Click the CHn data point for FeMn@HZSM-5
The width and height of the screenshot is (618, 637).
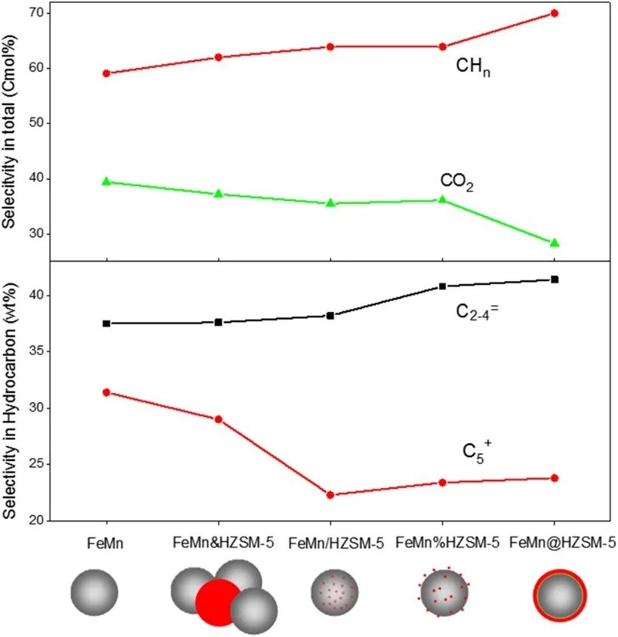(x=555, y=13)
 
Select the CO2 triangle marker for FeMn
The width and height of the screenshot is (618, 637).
(x=107, y=181)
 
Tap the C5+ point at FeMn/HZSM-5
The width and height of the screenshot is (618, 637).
(x=330, y=495)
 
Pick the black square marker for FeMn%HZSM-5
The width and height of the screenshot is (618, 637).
(x=443, y=286)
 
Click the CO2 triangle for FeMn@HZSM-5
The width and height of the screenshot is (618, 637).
(x=555, y=243)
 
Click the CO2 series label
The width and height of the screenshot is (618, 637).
(x=456, y=182)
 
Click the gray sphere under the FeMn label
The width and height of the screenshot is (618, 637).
(x=94, y=593)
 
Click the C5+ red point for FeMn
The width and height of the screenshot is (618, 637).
(x=107, y=392)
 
